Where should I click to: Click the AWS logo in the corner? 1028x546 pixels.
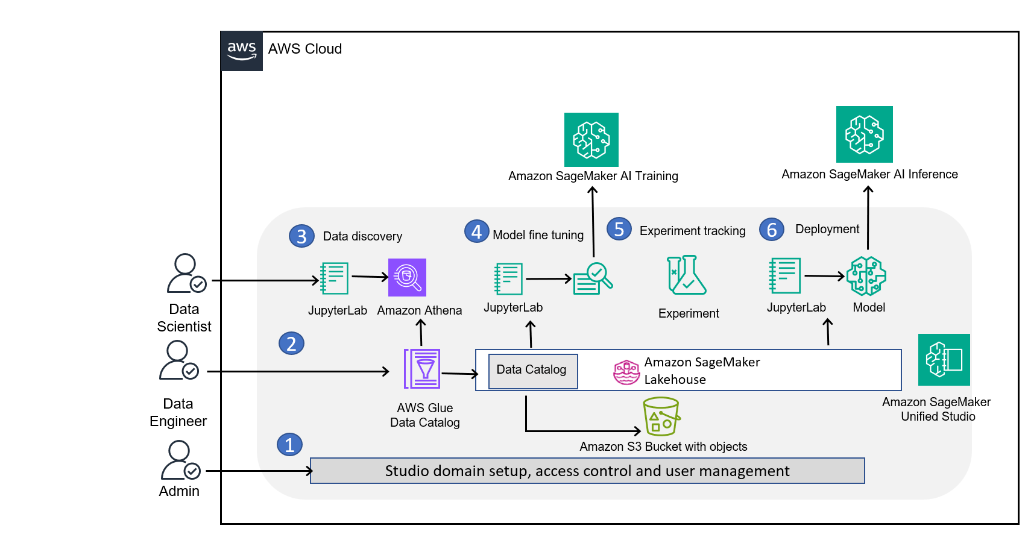242,51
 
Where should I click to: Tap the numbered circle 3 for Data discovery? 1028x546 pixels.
301,236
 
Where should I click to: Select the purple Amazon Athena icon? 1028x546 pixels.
407,277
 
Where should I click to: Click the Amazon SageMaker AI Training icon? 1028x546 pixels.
591,140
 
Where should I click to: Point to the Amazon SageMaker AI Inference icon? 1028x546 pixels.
864,134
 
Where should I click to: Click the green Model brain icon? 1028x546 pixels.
866,276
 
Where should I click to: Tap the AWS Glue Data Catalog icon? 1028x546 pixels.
422,369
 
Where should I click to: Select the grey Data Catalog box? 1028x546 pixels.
532,371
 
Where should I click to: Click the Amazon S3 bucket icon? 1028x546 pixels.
661,416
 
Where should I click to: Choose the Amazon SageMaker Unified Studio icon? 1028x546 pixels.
944,360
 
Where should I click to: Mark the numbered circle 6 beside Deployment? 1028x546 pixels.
771,230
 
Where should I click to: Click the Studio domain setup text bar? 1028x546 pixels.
587,471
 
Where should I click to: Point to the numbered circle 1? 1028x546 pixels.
289,445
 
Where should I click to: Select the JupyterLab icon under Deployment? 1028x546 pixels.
784,276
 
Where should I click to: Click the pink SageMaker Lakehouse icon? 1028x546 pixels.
626,372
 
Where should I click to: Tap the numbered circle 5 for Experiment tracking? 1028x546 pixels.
619,229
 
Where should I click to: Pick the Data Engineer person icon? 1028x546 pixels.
178,360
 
